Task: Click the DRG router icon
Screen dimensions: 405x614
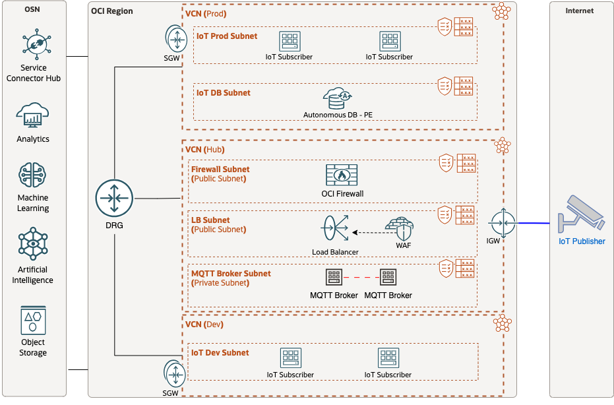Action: coord(114,198)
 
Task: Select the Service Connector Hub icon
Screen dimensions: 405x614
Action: coord(33,44)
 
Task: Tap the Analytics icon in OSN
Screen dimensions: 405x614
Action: coord(33,116)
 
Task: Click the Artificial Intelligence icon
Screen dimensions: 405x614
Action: coord(33,245)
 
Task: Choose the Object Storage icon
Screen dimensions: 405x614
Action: coord(33,320)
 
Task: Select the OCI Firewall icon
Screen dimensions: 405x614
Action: coord(341,175)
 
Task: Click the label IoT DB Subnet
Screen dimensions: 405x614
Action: coord(224,93)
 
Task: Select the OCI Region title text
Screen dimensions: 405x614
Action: coord(111,11)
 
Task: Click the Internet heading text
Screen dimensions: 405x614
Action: coord(579,11)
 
